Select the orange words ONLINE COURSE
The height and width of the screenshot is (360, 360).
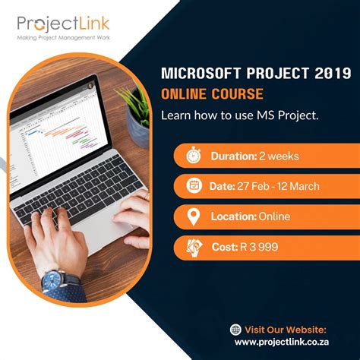click(212, 94)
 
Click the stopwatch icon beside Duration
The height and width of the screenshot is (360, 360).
click(194, 156)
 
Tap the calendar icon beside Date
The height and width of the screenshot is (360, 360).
click(194, 185)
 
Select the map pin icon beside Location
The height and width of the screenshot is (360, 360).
click(194, 216)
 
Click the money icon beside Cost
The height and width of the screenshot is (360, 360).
click(194, 247)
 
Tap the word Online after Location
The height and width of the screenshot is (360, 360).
click(274, 217)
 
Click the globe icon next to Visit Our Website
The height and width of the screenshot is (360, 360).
click(235, 329)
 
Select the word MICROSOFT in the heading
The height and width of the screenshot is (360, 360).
click(193, 74)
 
